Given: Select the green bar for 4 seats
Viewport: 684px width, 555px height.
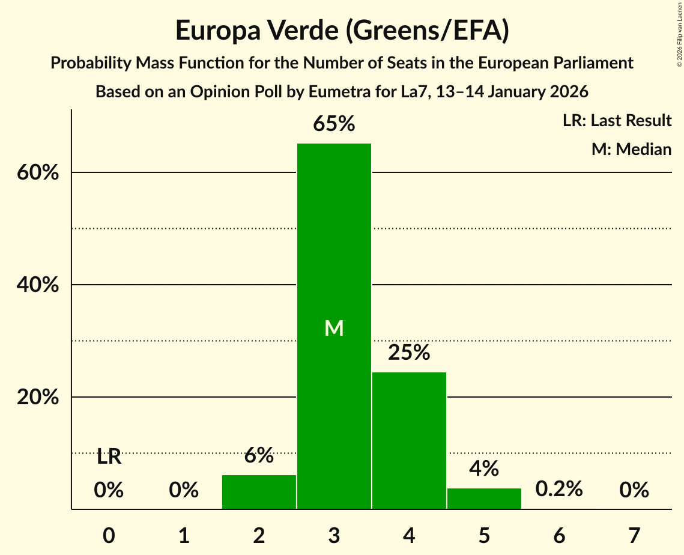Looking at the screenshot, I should click(409, 441).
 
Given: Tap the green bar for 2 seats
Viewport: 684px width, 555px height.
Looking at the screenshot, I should click(259, 492).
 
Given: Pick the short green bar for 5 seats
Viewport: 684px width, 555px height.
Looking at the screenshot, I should click(484, 499).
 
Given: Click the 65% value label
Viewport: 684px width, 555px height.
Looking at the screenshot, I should click(334, 124).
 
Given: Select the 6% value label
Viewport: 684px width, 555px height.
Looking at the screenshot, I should click(259, 455).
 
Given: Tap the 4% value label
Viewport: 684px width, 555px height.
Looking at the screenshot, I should click(484, 469).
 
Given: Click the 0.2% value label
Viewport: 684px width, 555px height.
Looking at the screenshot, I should click(559, 489).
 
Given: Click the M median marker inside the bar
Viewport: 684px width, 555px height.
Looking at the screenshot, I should click(334, 328).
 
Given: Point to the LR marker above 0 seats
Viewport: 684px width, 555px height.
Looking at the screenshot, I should click(109, 457).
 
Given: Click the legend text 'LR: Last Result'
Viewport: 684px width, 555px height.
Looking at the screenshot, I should click(617, 121).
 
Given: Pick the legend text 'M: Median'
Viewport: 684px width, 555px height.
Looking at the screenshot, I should click(631, 149).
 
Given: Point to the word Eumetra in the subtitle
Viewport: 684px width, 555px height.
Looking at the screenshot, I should click(338, 92).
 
